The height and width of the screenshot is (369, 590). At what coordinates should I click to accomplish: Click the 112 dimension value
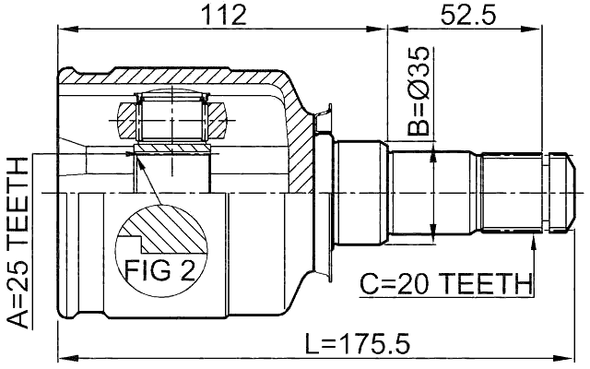click(222, 15)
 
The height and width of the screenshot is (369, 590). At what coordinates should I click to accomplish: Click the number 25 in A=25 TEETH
click(18, 273)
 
